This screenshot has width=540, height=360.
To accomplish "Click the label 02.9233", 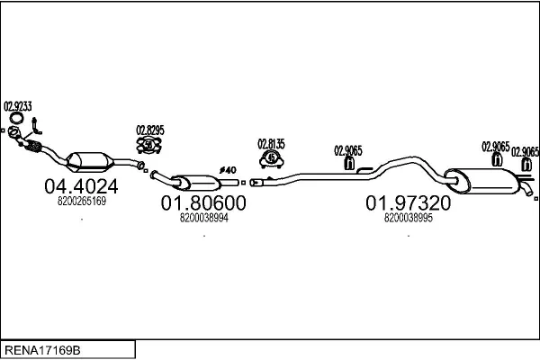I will point(18,105).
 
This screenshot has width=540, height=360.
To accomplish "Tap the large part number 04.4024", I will point(81,186).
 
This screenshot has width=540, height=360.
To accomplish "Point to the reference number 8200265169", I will point(82,202).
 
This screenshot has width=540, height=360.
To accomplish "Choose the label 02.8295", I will point(149,129).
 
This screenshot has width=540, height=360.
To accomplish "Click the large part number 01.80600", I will point(203,204).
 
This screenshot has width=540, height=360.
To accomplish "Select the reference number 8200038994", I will point(204,217).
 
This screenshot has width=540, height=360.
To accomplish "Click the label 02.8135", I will point(271,143).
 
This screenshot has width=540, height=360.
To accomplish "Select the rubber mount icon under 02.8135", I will point(271,158).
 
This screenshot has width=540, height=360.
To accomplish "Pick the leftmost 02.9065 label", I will point(348,150).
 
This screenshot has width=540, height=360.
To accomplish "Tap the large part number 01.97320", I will point(408,204).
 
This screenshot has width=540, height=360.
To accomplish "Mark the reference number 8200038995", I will point(408,217).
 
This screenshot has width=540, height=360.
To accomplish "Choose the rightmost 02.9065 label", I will point(525,152).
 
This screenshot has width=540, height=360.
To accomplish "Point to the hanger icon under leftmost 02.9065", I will point(349,163).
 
